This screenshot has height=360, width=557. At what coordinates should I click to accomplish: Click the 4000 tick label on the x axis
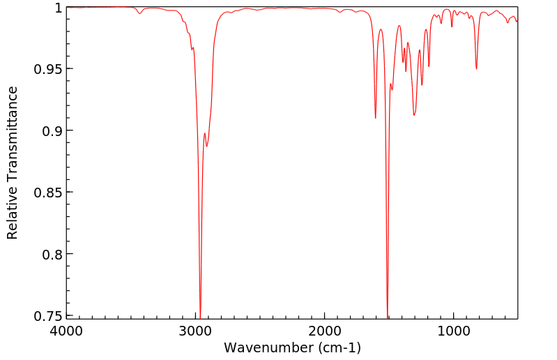(x=67, y=332)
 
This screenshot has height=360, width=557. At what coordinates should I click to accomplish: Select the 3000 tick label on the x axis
(x=196, y=332)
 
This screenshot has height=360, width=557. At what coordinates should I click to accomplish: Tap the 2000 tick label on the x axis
(x=325, y=332)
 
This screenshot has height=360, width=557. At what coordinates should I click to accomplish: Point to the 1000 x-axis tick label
(x=454, y=332)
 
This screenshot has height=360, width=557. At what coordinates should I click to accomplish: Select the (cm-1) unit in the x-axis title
(x=337, y=347)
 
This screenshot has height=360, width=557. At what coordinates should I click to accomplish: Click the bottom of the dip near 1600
(x=376, y=118)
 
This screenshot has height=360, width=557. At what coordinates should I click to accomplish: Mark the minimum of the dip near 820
(x=477, y=68)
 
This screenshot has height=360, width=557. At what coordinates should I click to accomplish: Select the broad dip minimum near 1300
(x=414, y=114)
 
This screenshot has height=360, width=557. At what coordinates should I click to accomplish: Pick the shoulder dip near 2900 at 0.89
(x=207, y=146)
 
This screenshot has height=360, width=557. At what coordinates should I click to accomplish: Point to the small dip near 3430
(x=140, y=13)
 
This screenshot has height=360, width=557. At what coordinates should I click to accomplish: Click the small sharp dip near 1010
(x=452, y=27)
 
